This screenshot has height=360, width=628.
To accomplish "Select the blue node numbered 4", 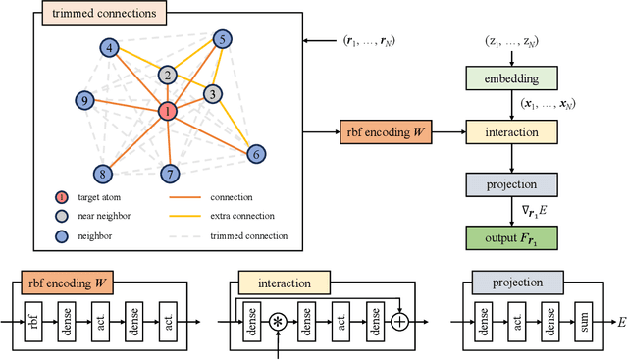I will click(110, 47).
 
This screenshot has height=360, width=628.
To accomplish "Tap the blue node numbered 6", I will click(255, 154).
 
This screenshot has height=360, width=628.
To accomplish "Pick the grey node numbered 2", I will click(168, 76).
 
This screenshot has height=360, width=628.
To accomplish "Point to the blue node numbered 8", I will click(101, 175).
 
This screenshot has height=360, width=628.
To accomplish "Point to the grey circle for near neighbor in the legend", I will click(62, 215).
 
